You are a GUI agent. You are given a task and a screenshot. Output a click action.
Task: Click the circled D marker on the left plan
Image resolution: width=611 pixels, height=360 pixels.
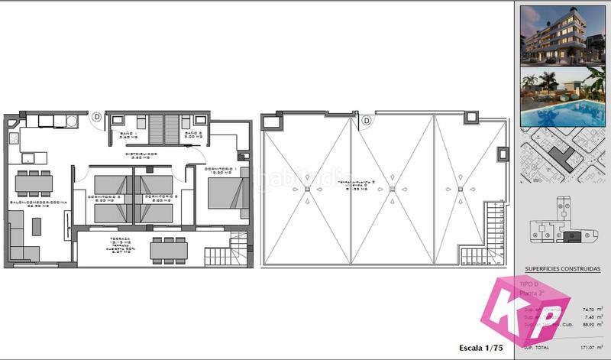[97, 117]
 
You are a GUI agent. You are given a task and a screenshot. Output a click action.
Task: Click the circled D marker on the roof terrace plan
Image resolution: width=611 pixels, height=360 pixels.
[367, 120]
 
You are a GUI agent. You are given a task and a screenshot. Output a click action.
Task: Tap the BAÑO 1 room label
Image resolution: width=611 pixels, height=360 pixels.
[138, 133]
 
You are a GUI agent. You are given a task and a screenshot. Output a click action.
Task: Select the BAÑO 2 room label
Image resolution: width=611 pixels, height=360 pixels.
[193, 133]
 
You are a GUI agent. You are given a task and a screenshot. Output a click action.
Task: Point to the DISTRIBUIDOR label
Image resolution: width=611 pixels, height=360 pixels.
[142, 154]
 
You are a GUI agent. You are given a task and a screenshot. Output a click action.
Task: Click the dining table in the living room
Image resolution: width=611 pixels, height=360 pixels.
[33, 183]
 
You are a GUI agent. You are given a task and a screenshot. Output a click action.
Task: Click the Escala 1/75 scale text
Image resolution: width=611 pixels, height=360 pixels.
[480, 348]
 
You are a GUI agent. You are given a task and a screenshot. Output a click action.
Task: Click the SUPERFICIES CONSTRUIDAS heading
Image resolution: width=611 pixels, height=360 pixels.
[562, 269]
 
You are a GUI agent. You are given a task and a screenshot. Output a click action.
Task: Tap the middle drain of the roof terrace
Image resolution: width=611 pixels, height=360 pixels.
[392, 189]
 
